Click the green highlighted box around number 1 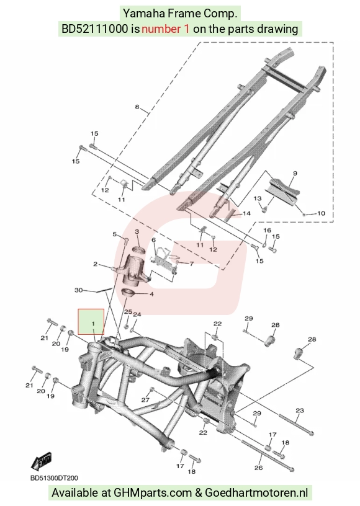pyautogui.click(x=91, y=322)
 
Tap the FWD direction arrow pyautogui.click(x=41, y=461)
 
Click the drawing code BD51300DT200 pyautogui.click(x=54, y=478)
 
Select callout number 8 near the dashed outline pyautogui.click(x=137, y=107)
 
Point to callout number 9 pyautogui.click(x=295, y=173)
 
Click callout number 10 pyautogui.click(x=321, y=213)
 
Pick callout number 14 pyautogui.click(x=246, y=213)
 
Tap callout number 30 pyautogui.click(x=78, y=290)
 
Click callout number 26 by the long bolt pyautogui.click(x=259, y=468)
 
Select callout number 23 pyautogui.click(x=300, y=411)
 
